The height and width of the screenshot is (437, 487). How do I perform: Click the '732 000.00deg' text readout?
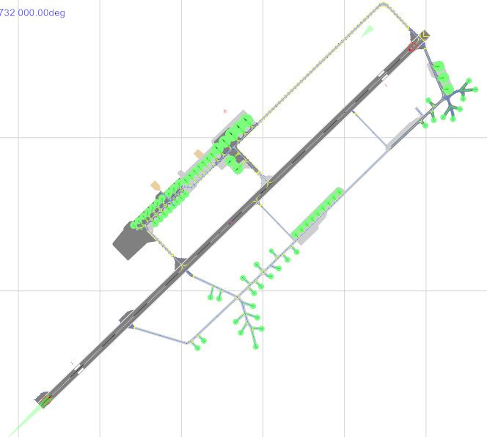(x=32, y=13)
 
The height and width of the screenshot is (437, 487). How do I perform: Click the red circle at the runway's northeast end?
(x=412, y=47)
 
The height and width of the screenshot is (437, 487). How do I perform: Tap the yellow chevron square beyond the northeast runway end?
(x=424, y=35)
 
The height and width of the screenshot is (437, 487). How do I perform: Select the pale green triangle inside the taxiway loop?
(x=367, y=32)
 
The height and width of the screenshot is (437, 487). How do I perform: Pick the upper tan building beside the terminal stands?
(x=199, y=153)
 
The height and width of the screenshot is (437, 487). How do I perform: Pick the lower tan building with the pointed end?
(x=155, y=186)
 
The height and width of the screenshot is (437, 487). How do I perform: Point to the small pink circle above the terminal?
(x=225, y=111)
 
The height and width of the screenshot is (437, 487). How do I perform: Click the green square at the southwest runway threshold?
(x=45, y=402)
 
